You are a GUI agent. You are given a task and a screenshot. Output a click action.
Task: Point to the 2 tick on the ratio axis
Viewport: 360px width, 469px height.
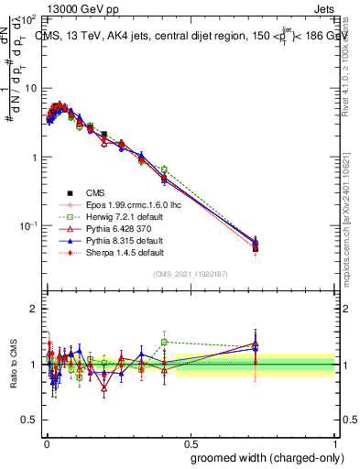[x=33, y=309]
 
